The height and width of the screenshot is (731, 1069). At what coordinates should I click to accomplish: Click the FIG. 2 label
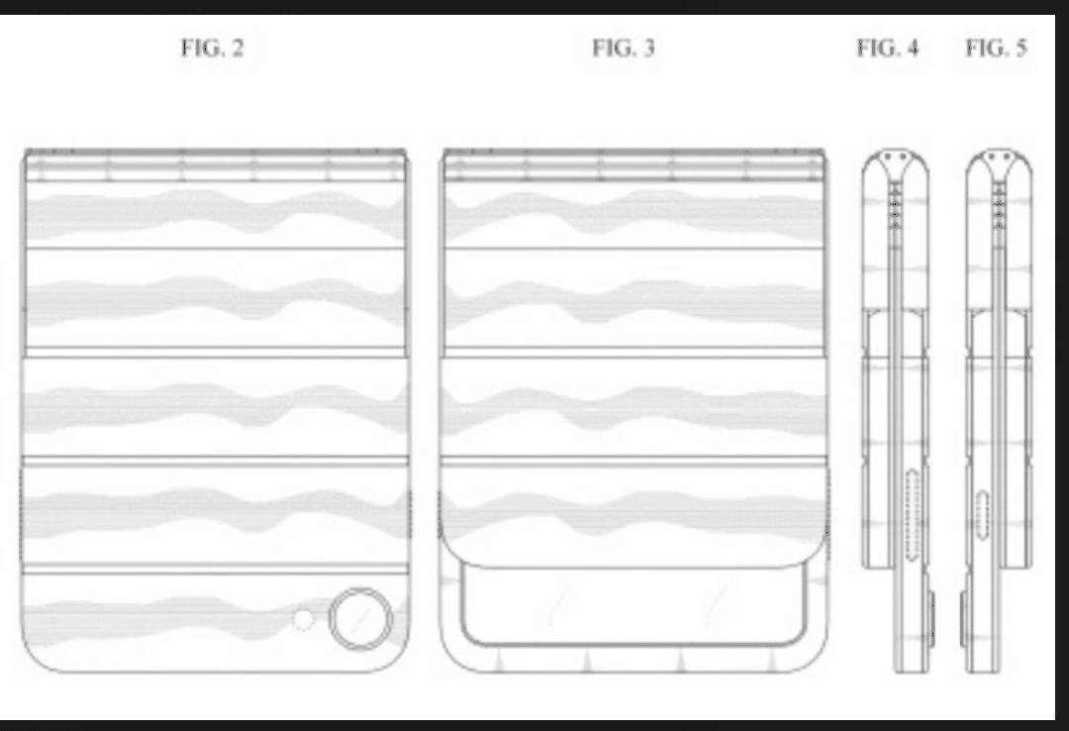(x=212, y=49)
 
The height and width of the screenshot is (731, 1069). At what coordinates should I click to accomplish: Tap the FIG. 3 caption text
(x=624, y=49)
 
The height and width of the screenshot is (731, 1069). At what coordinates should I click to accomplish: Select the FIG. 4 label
(x=887, y=49)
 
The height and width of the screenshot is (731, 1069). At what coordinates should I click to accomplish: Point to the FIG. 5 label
(x=996, y=49)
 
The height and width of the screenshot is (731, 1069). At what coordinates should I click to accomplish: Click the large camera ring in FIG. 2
(x=360, y=619)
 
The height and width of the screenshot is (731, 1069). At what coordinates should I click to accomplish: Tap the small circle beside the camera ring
(x=304, y=620)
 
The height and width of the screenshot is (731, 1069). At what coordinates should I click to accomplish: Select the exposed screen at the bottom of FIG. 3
(x=633, y=606)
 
